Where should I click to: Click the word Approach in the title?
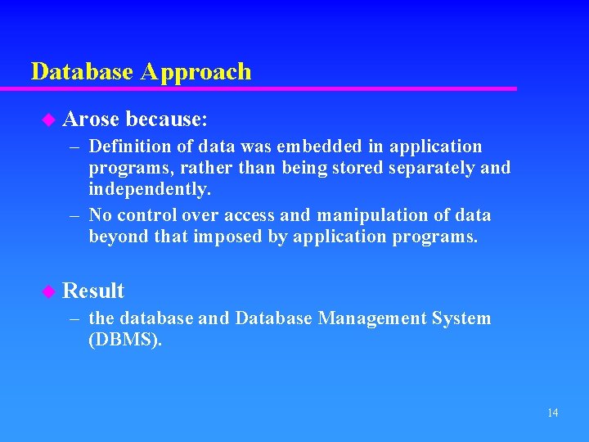pyautogui.click(x=196, y=72)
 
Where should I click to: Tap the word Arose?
pyautogui.click(x=91, y=120)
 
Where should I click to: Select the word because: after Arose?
pyautogui.click(x=167, y=120)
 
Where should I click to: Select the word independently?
pyautogui.click(x=150, y=190)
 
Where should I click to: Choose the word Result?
pyautogui.click(x=93, y=291)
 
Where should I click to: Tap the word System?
pyautogui.click(x=464, y=318)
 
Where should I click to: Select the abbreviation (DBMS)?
pyautogui.click(x=125, y=341)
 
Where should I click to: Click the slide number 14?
pyautogui.click(x=552, y=413)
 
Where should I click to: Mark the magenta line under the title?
pyautogui.click(x=270, y=88)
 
